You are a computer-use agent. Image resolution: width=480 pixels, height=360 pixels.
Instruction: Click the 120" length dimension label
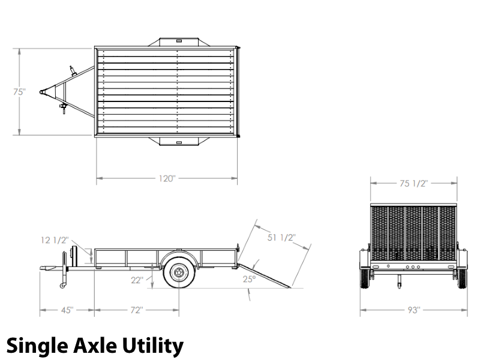pyautogui.click(x=167, y=178)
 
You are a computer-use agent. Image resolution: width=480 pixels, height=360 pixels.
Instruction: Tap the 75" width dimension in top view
pyautogui.click(x=19, y=92)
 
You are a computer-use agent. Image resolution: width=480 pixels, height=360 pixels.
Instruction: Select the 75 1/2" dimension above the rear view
pyautogui.click(x=413, y=184)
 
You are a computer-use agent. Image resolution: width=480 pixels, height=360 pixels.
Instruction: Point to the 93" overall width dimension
pyautogui.click(x=414, y=310)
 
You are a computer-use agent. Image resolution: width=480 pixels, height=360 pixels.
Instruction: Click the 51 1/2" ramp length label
pyautogui.click(x=281, y=238)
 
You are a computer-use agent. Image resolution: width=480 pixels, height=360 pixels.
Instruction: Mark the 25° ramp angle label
pyautogui.click(x=249, y=279)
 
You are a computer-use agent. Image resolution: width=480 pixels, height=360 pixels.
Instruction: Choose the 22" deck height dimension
pyautogui.click(x=137, y=280)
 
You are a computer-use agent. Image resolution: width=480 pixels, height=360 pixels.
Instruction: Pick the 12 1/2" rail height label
pyautogui.click(x=55, y=241)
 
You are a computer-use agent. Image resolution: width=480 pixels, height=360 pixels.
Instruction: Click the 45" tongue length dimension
pyautogui.click(x=67, y=310)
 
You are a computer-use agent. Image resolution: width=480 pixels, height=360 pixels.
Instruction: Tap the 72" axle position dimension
pyautogui.click(x=137, y=310)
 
